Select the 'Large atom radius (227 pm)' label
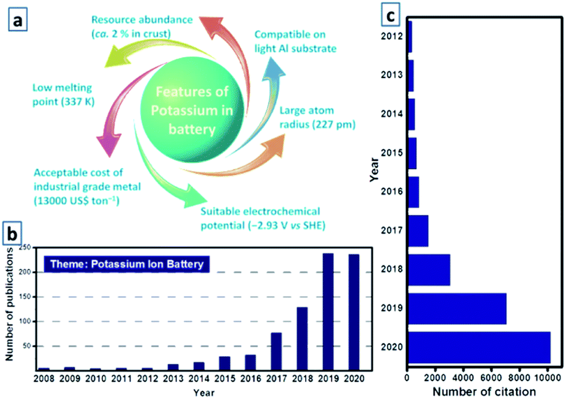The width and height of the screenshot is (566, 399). pyautogui.click(x=317, y=117)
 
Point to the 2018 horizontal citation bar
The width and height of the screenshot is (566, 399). pyautogui.click(x=429, y=269)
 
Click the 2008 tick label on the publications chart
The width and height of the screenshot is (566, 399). pyautogui.click(x=44, y=380)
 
